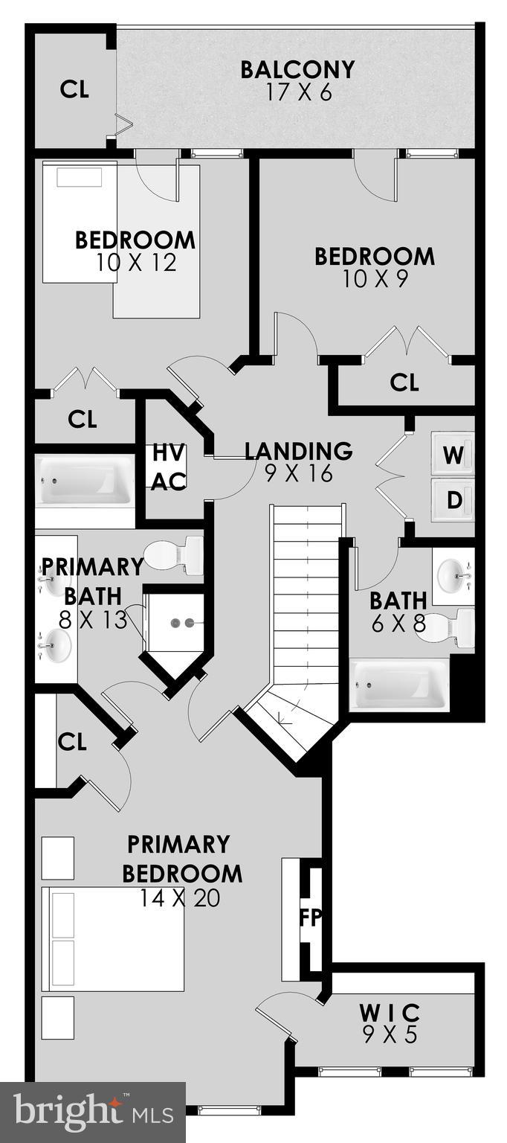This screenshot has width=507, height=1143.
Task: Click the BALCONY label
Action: (x=297, y=70)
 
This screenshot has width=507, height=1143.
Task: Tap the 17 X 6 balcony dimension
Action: (x=297, y=93)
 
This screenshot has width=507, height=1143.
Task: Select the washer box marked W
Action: (x=453, y=454)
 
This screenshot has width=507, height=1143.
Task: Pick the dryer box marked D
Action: (x=453, y=500)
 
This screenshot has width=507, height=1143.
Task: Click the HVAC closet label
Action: (x=169, y=467)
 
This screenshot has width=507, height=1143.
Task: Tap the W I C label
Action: (x=390, y=1013)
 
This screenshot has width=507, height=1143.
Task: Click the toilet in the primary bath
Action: (x=175, y=555)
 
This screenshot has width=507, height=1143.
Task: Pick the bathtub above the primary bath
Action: (x=84, y=479)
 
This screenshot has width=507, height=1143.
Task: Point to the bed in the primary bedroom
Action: (x=113, y=938)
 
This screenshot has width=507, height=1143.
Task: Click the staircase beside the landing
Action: (x=307, y=595)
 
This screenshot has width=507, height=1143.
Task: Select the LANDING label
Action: (x=298, y=451)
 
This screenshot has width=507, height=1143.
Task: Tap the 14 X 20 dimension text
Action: (x=180, y=898)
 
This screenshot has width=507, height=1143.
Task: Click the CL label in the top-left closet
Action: (x=74, y=89)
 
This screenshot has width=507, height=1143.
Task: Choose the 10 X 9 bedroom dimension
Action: (x=374, y=279)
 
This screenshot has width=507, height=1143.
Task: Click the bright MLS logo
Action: (x=92, y=1112)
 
